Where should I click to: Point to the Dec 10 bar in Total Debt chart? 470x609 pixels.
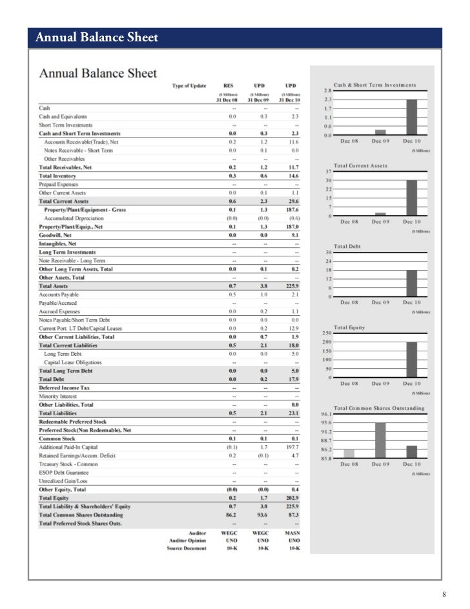pyautogui.click(x=411, y=284)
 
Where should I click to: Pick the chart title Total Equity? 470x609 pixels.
pyautogui.click(x=349, y=327)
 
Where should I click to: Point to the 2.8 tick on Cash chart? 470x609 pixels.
pyautogui.click(x=328, y=91)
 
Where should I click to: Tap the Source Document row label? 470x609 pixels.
pyautogui.click(x=187, y=548)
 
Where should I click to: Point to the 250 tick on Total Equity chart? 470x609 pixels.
pyautogui.click(x=326, y=333)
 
